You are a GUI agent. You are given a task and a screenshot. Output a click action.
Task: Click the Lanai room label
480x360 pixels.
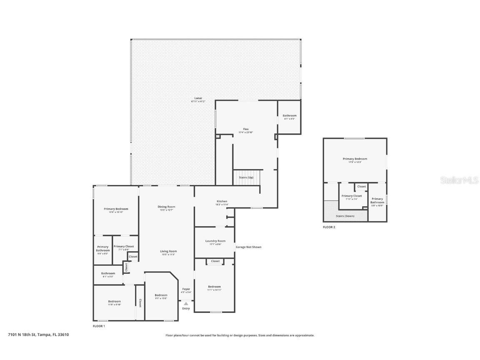coord(198,98)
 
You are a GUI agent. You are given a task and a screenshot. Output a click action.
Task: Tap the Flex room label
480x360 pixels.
coord(246,129)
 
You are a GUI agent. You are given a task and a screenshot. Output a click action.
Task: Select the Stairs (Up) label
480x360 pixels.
coord(246,177)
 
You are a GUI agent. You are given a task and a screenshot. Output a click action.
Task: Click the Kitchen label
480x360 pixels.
coord(222,201)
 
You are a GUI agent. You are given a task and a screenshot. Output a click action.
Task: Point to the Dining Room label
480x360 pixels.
coord(166,207)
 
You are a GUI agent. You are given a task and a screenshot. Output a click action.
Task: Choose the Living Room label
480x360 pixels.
coord(168,251)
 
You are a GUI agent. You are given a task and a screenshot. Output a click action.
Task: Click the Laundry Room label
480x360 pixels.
coord(215,241)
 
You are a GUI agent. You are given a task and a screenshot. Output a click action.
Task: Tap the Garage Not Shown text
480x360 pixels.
coord(249,247)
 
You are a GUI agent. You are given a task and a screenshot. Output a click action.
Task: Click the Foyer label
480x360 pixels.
coord(186,289)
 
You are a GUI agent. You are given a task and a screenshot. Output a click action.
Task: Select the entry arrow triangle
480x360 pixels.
coord(186,304)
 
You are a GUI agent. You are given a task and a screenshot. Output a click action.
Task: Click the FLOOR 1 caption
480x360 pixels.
coord(99,326)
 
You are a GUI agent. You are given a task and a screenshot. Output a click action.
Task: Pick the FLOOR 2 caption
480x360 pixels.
coord(329,227)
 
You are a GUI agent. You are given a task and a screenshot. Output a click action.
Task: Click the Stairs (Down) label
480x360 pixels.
coord(345,216)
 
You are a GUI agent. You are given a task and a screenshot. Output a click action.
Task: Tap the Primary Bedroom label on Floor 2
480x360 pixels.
coord(355,159)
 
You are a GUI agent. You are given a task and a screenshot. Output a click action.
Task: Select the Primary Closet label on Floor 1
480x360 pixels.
coord(124,247)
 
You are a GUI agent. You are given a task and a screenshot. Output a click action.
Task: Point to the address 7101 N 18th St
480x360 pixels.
coord(38,335)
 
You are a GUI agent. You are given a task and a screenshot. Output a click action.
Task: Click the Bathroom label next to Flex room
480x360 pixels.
coord(289,115)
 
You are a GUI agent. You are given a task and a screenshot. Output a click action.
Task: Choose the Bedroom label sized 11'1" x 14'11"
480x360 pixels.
coord(214,287)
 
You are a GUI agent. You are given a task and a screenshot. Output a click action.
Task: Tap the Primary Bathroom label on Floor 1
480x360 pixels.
coord(102,249)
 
